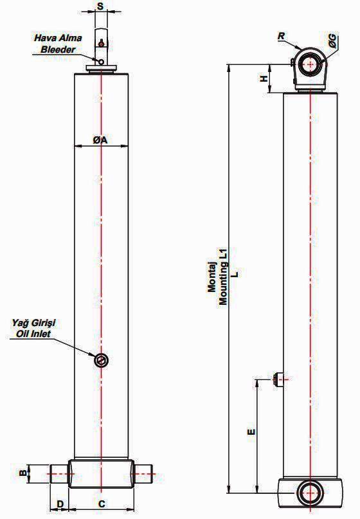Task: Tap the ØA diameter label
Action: click(x=100, y=140)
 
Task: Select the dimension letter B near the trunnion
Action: click(x=23, y=472)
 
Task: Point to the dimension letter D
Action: click(x=60, y=504)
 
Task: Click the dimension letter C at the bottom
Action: click(x=102, y=504)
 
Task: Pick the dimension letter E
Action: click(x=252, y=432)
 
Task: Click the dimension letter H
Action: click(x=264, y=78)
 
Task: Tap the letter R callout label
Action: click(x=281, y=36)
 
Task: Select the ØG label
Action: click(x=333, y=41)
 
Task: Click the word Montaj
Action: click(x=212, y=278)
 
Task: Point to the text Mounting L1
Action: click(x=223, y=278)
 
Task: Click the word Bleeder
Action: click(x=59, y=50)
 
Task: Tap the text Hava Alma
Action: click(x=58, y=38)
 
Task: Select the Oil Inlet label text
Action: click(x=33, y=334)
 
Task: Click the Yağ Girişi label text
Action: click(x=33, y=323)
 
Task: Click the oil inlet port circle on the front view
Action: click(x=101, y=360)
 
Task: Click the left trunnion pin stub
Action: click(x=60, y=473)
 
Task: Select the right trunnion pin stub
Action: click(x=143, y=473)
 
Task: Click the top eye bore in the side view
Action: click(x=310, y=64)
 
